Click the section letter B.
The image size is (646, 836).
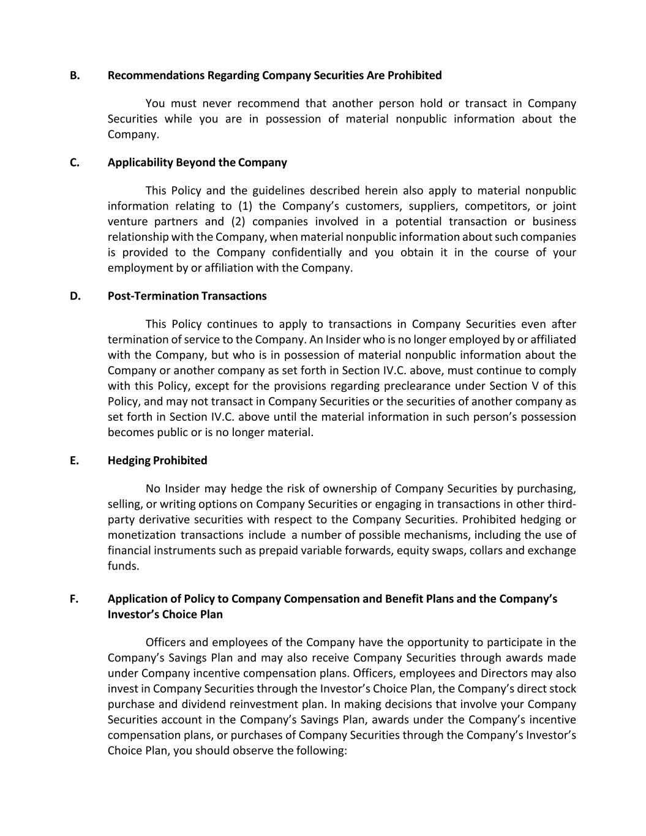[74, 75]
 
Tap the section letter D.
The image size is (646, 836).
[75, 296]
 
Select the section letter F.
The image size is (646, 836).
[74, 599]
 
